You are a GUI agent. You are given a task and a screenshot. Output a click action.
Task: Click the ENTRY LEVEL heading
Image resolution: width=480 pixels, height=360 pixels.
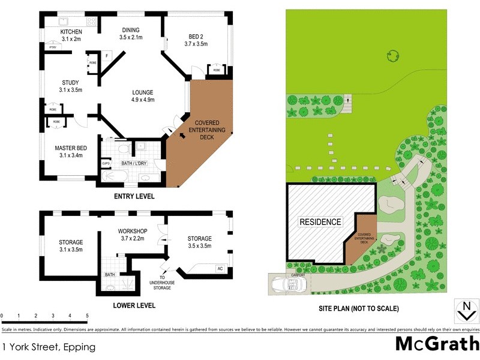(x=134, y=196)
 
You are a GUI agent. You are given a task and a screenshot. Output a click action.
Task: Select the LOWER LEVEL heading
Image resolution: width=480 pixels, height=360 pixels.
(x=134, y=305)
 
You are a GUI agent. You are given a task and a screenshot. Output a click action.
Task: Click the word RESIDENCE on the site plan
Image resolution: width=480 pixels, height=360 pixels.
(x=320, y=222)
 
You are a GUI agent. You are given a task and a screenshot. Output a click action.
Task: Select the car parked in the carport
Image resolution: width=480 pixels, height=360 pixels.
(x=287, y=283)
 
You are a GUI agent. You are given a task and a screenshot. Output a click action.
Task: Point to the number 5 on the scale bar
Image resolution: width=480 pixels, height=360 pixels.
(x=88, y=316)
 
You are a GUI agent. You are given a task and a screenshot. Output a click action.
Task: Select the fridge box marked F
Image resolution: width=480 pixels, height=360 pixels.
(x=107, y=55)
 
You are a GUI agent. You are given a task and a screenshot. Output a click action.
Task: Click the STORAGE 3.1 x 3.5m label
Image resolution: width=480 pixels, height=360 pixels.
(x=71, y=245)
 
